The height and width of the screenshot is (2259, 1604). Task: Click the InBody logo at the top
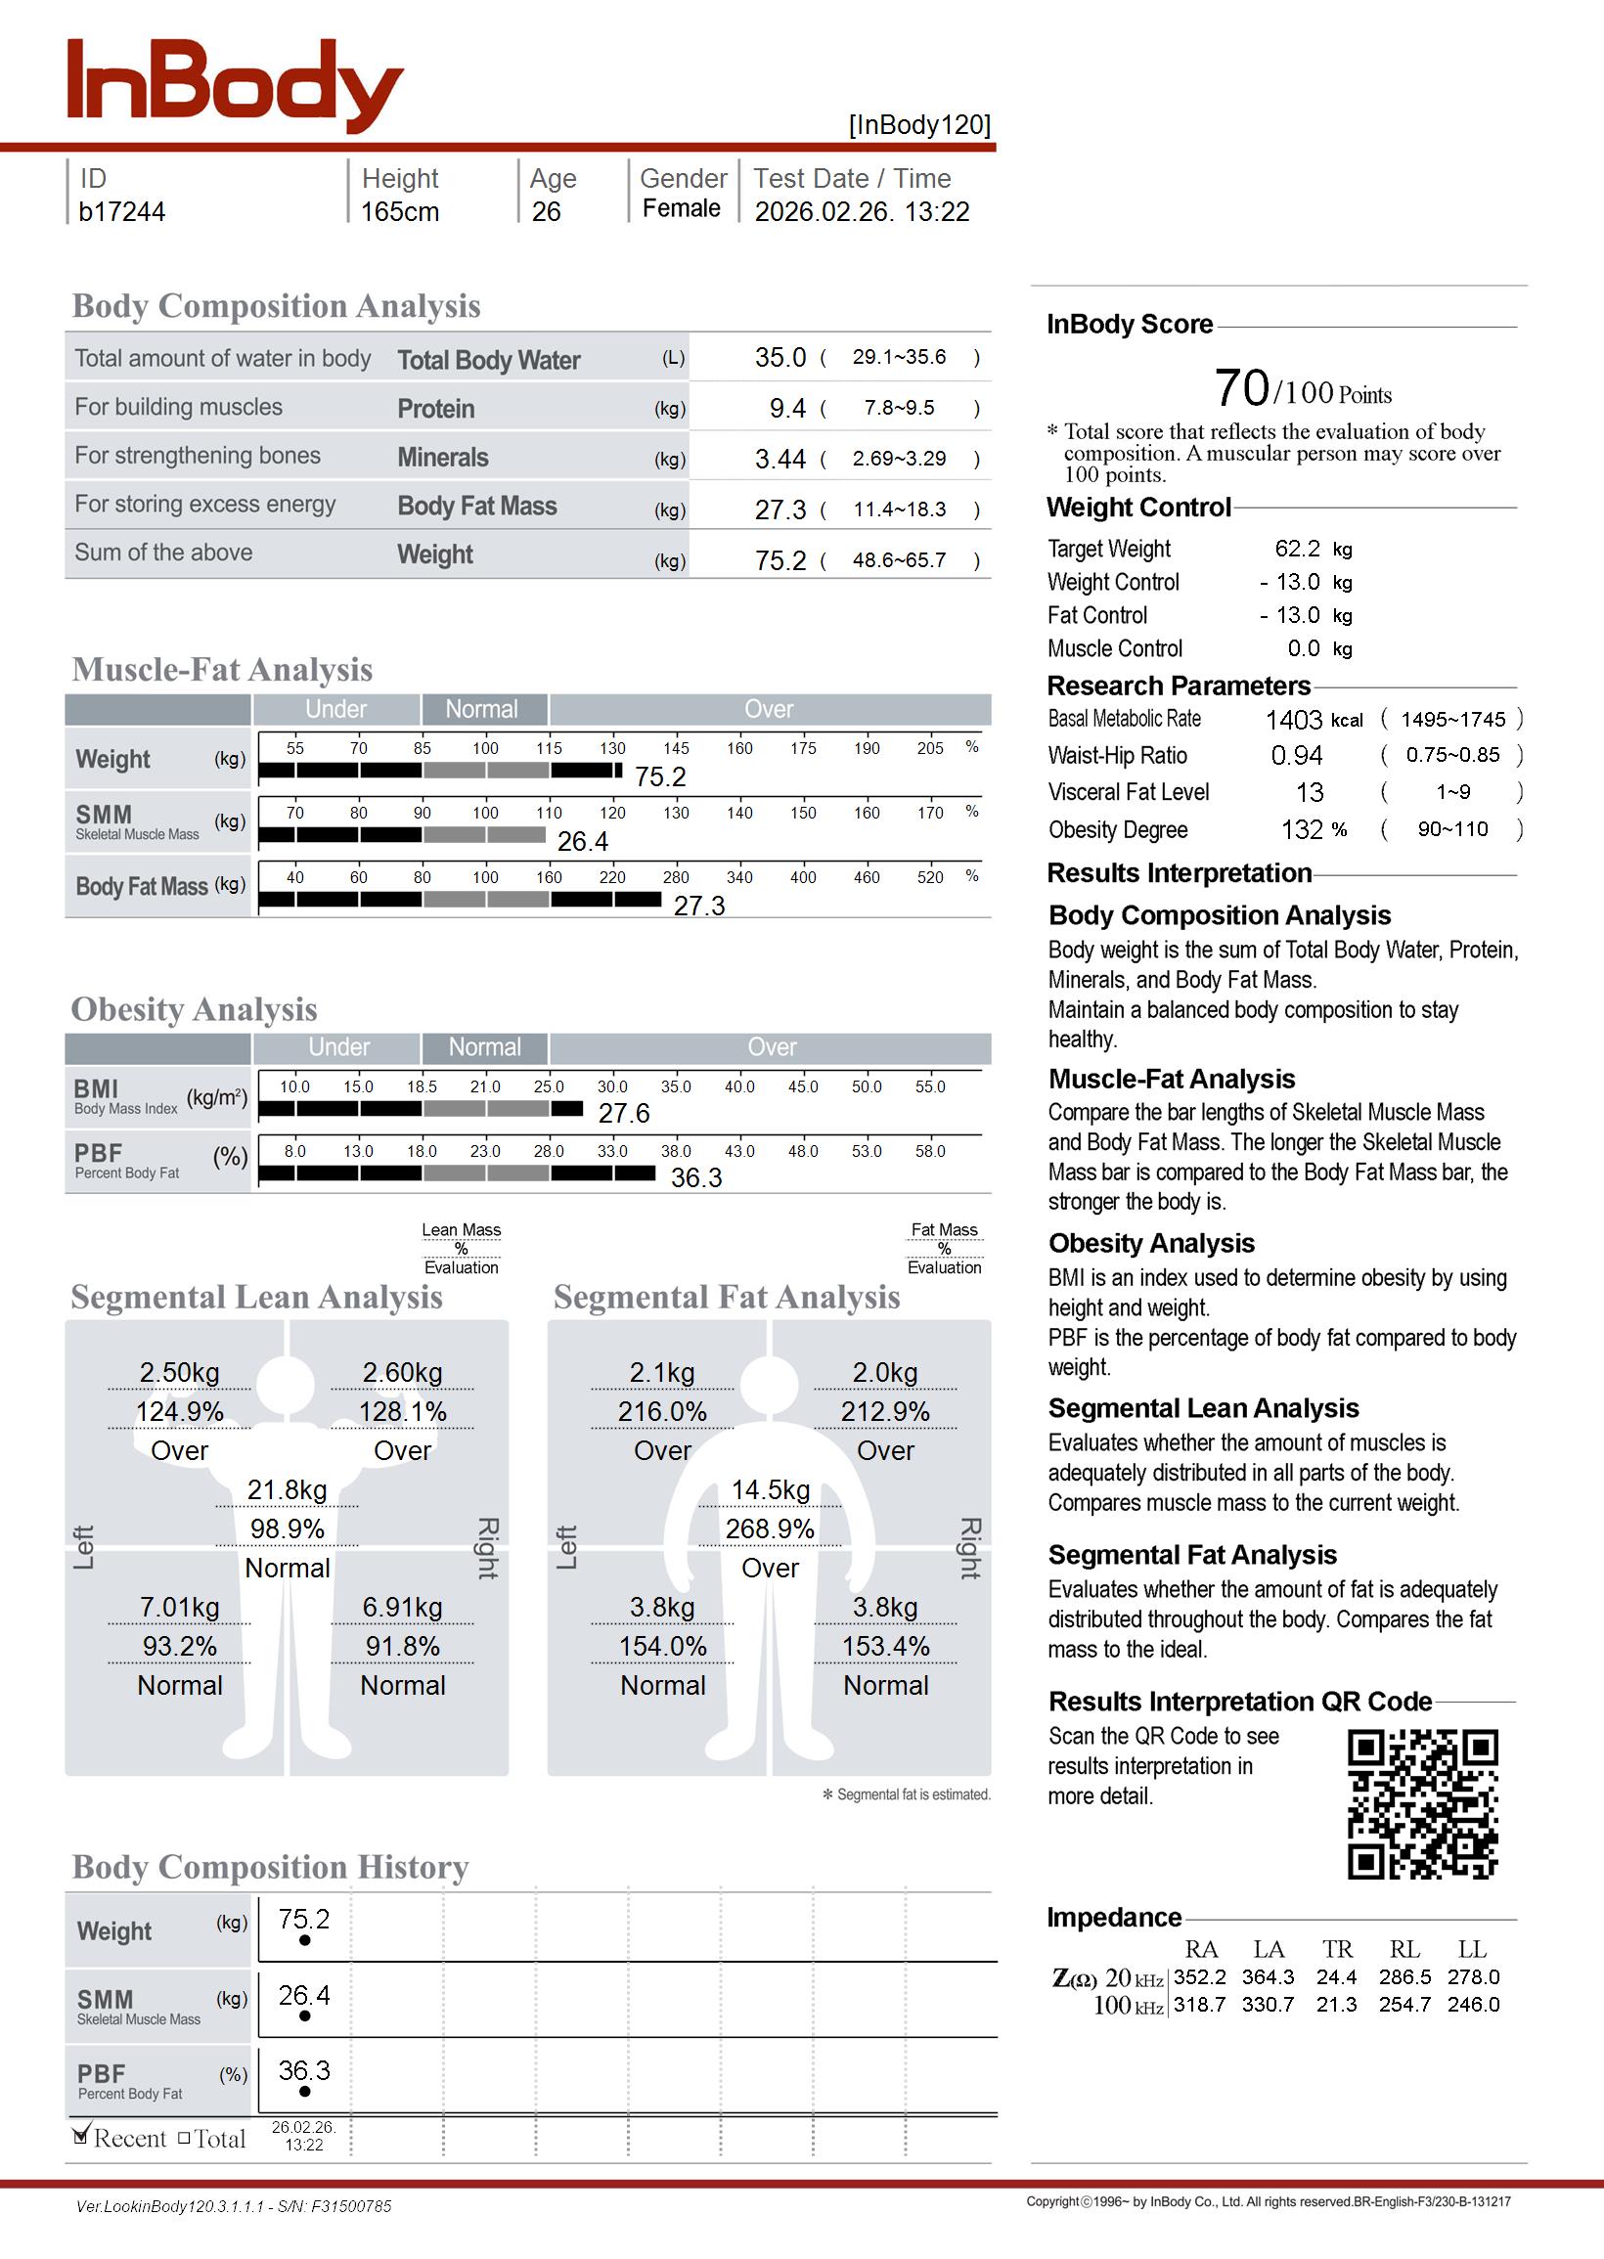(x=234, y=86)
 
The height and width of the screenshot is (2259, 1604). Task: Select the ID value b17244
(x=121, y=211)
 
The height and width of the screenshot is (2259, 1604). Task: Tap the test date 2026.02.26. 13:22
(x=862, y=211)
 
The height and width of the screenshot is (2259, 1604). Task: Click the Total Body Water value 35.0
(x=780, y=357)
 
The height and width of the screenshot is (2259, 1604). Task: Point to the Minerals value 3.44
(x=780, y=459)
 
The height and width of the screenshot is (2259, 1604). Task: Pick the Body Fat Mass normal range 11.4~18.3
(x=899, y=509)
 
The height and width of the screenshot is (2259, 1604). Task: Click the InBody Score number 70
(x=1241, y=388)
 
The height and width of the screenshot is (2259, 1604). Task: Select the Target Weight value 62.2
(x=1297, y=549)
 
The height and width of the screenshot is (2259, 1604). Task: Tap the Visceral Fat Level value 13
(x=1310, y=793)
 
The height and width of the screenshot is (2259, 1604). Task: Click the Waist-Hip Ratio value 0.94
(x=1297, y=755)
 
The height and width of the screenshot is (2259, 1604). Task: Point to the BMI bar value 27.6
(x=624, y=1114)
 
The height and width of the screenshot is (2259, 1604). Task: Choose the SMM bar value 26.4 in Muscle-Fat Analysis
(x=583, y=841)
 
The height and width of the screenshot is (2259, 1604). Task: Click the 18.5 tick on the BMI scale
(x=422, y=1086)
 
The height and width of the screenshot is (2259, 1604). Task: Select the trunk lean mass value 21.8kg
(x=287, y=1490)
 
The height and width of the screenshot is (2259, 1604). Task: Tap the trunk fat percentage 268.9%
(x=770, y=1529)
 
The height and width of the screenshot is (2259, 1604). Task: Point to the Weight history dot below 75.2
(x=304, y=1940)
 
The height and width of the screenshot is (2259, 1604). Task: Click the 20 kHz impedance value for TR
(x=1336, y=1976)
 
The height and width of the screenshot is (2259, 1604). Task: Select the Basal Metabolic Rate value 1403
(x=1294, y=720)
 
